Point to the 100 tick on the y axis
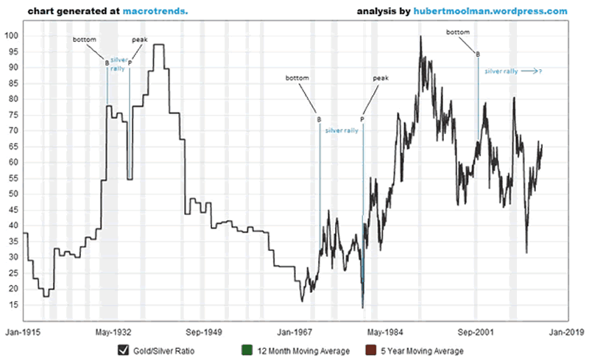point(11,36)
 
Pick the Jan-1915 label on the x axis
point(24,332)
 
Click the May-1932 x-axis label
point(115,332)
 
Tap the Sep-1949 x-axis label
point(205,332)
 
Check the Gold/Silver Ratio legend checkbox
point(122,350)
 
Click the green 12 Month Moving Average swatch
point(247,350)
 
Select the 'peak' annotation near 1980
point(380,77)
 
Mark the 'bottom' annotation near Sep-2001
point(458,32)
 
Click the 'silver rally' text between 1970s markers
point(342,130)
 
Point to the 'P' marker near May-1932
point(130,63)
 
